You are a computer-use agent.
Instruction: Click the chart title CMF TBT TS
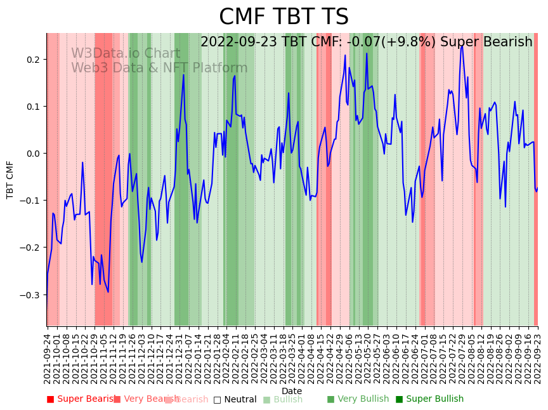pos(284,17)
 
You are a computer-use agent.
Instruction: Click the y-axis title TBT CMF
pos(10,180)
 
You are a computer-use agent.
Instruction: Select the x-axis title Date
pos(292,391)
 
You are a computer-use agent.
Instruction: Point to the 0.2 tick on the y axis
pos(32,60)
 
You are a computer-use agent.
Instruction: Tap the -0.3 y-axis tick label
pos(30,295)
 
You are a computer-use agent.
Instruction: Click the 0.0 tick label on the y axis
pos(32,154)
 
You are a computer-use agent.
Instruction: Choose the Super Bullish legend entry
pos(429,399)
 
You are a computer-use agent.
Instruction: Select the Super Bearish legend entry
pos(81,399)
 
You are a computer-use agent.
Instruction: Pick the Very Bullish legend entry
pos(358,399)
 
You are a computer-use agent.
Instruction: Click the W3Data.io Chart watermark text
pos(125,54)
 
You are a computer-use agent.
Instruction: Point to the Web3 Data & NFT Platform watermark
pos(159,68)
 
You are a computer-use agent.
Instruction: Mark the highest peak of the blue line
pos(462,45)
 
